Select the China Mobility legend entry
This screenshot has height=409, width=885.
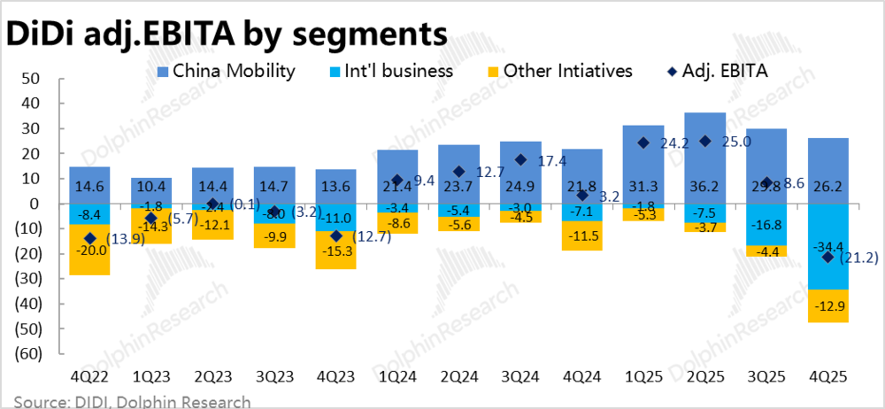[227, 71]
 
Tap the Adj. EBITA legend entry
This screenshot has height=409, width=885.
[722, 71]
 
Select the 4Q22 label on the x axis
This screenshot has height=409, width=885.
[90, 376]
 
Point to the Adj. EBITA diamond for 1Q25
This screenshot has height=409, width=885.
[643, 143]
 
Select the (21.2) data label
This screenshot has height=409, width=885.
[858, 258]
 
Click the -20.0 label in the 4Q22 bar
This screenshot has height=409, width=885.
[90, 251]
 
